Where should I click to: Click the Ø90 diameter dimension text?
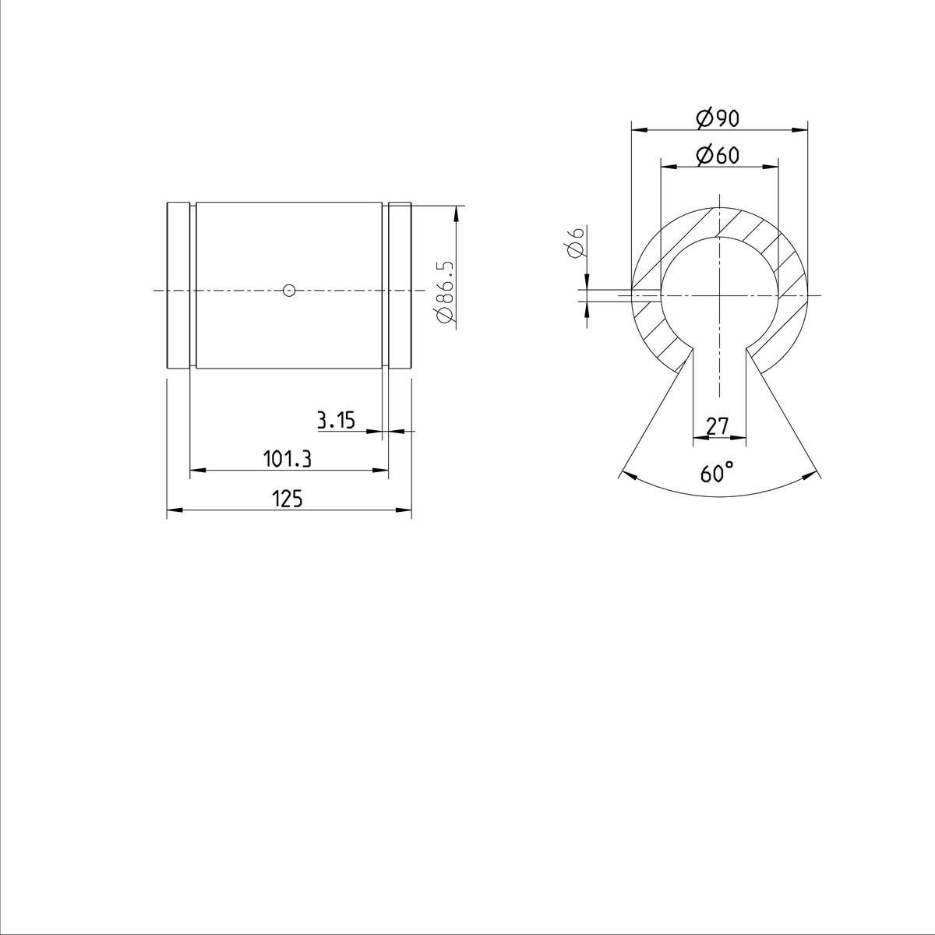717,118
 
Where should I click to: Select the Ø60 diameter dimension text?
717,156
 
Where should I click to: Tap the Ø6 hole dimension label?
576,242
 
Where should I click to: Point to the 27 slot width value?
717,426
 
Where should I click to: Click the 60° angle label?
717,473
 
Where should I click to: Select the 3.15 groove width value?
336,422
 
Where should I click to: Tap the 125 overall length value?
288,499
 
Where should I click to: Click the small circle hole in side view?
289,291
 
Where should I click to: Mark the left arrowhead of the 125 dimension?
174,510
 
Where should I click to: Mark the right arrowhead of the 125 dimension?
404,510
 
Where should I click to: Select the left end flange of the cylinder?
178,286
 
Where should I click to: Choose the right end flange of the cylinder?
400,286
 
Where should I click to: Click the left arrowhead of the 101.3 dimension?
197,470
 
